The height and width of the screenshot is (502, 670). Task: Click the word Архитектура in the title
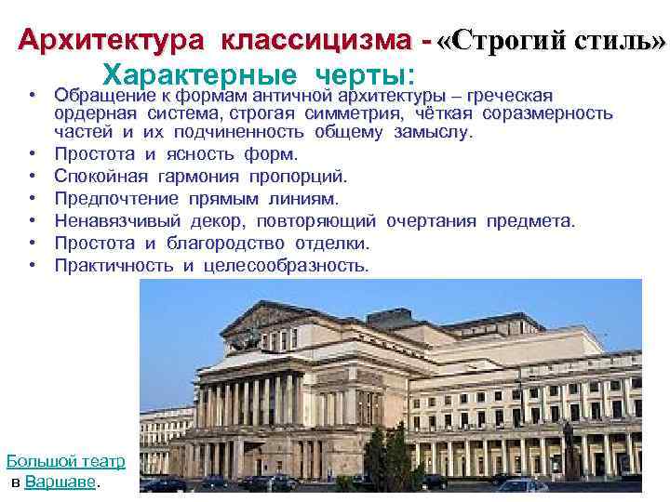coord(111,41)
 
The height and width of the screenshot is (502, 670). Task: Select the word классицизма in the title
coord(316,41)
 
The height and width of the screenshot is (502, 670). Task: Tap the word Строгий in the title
coord(508,42)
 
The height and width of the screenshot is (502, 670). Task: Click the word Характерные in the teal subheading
coord(199,75)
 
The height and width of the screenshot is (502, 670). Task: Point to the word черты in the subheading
coord(366,75)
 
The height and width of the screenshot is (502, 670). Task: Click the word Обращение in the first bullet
coord(105,96)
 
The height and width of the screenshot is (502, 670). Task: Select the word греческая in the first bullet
coord(510,96)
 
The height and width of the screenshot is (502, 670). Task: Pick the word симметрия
coord(354,114)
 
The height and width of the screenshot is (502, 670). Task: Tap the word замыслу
coord(434,132)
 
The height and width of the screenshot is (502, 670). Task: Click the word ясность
coord(200,154)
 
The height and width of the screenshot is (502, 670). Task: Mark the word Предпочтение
coord(116,199)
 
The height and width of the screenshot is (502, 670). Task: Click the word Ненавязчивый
coord(117,221)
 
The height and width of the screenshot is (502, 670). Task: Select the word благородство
coord(225,244)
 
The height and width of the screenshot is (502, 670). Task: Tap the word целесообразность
coord(286,266)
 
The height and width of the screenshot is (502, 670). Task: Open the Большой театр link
coord(66,462)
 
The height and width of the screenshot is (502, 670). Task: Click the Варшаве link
coord(60,482)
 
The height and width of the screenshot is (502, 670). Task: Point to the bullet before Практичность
coord(33,265)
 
